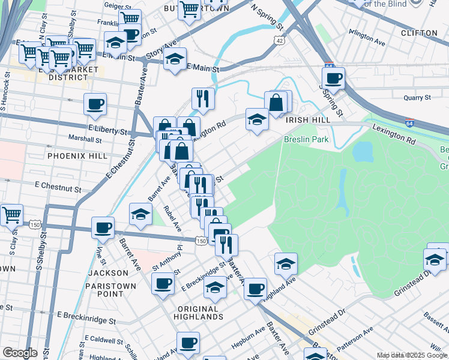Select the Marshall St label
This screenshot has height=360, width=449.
click(85, 139)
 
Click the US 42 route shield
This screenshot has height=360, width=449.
click(277, 40)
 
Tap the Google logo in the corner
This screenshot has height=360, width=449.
click(20, 353)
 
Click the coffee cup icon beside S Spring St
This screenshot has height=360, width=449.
click(333, 77)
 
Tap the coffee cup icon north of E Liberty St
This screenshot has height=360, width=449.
click(95, 104)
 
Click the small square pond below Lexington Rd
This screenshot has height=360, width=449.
click(363, 152)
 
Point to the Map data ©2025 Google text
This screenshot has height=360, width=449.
click(412, 355)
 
